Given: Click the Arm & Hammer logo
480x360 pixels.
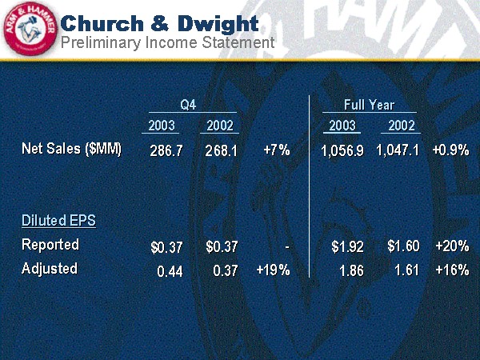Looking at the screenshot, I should click(29, 30).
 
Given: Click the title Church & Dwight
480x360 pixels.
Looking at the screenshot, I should click(160, 22).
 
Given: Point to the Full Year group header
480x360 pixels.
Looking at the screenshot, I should click(369, 105).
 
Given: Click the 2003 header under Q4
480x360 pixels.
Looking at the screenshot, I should click(162, 125).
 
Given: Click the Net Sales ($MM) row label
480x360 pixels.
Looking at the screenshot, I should click(72, 149).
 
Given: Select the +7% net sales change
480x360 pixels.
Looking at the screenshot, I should click(276, 150).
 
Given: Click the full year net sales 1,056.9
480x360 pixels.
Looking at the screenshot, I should click(342, 150).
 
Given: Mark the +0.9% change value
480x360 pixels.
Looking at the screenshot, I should click(450, 150).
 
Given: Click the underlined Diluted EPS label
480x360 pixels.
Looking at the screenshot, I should click(58, 220).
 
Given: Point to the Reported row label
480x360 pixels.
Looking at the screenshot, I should click(50, 244).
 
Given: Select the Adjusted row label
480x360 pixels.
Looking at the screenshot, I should click(50, 268).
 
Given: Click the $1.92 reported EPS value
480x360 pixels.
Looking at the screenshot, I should click(348, 246).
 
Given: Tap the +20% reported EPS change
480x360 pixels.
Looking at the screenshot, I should click(451, 246).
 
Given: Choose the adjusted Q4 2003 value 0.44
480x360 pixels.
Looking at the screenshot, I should click(170, 271).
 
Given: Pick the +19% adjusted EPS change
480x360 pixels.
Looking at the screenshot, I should click(273, 270).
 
